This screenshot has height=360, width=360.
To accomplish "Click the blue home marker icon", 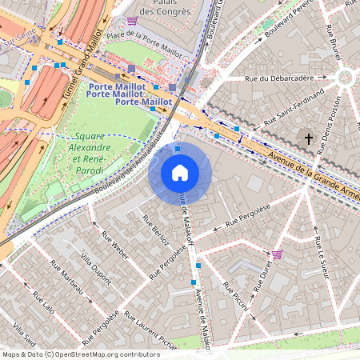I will (180, 172).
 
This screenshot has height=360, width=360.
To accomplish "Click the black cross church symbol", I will (309, 139).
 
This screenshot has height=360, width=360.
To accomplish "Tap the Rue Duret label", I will (262, 274).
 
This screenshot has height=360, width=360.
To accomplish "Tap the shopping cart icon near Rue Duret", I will (277, 254).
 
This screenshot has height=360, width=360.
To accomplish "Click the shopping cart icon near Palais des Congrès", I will (131, 21).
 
